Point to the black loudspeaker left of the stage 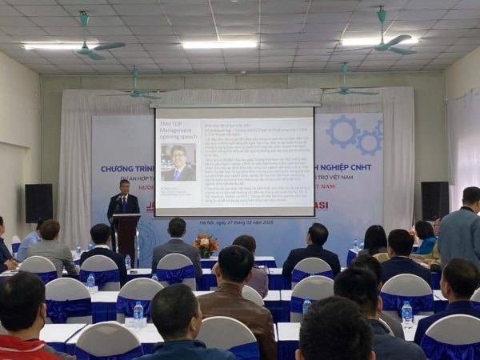(x=38, y=203)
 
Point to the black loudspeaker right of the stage (x=434, y=201)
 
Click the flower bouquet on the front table (x=206, y=244)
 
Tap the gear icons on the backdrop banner (x=355, y=134)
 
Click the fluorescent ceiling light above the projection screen (x=219, y=45)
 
